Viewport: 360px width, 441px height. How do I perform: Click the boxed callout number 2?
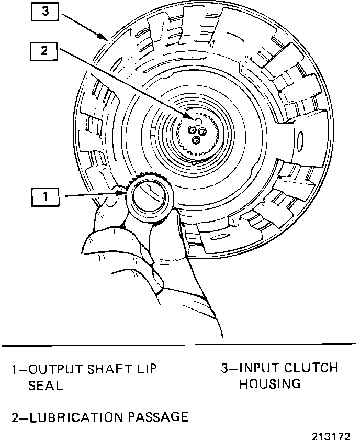(46, 51)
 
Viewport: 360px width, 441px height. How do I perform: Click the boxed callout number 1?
(46, 197)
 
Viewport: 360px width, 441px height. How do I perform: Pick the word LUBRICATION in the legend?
(75, 417)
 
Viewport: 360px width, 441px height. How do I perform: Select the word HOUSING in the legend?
(270, 384)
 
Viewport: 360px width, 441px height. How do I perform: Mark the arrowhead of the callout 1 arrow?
(127, 194)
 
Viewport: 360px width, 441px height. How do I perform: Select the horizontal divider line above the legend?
(179, 345)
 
